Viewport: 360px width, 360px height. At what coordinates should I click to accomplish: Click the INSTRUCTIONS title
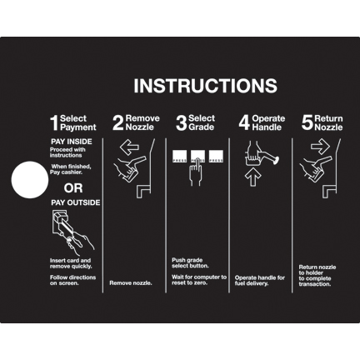[205, 86]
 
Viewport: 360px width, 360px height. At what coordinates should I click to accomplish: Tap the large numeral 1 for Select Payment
[54, 123]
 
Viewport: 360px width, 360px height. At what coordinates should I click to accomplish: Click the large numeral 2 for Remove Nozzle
[117, 123]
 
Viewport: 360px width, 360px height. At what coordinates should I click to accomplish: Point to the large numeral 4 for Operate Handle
[244, 123]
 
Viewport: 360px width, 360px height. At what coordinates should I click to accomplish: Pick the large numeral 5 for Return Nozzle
[307, 123]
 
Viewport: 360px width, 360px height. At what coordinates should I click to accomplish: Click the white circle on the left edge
[29, 178]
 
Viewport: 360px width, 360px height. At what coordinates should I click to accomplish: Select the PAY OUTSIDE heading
[75, 202]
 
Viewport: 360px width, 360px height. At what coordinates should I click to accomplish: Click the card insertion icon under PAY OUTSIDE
[70, 228]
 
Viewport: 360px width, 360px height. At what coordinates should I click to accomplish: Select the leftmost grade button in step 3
[178, 155]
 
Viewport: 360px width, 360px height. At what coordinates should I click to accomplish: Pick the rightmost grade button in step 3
[216, 155]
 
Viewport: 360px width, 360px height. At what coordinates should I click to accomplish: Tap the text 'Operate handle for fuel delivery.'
[260, 280]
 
